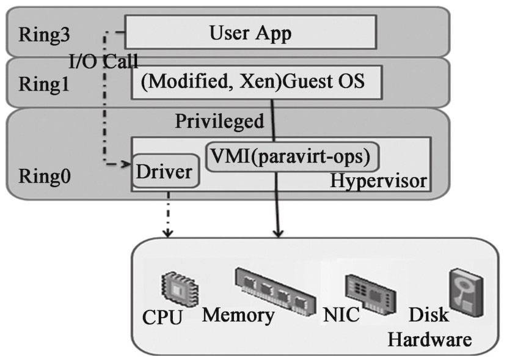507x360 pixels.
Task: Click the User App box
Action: [250, 33]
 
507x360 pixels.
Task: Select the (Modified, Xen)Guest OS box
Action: [257, 81]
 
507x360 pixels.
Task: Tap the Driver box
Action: [163, 172]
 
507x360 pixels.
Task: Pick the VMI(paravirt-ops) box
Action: [290, 157]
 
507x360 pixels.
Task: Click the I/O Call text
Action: [103, 61]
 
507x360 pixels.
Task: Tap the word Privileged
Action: [220, 121]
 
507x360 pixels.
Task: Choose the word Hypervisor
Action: [378, 181]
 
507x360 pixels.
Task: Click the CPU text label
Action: [162, 318]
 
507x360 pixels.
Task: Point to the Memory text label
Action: [239, 316]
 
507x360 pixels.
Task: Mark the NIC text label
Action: [341, 316]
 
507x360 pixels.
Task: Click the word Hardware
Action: [430, 338]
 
